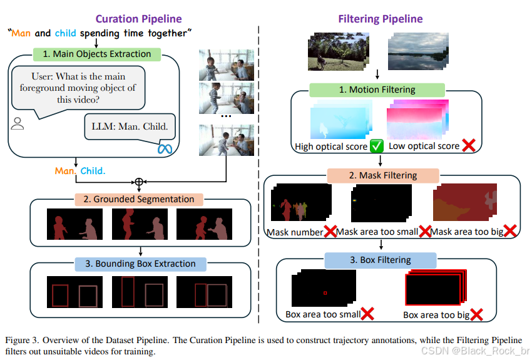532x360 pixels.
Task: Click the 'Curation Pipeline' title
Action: tap(138, 19)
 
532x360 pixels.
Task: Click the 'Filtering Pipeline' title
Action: tap(380, 19)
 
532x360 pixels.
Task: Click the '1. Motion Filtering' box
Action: tap(377, 90)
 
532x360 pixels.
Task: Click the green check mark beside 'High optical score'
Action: tap(376, 147)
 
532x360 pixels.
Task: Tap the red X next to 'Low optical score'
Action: tap(467, 146)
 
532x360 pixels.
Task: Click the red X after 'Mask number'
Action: tap(330, 232)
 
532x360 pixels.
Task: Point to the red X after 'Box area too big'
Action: tap(478, 314)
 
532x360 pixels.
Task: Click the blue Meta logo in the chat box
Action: tap(165, 148)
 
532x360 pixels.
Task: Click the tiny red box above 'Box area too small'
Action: tap(324, 292)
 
